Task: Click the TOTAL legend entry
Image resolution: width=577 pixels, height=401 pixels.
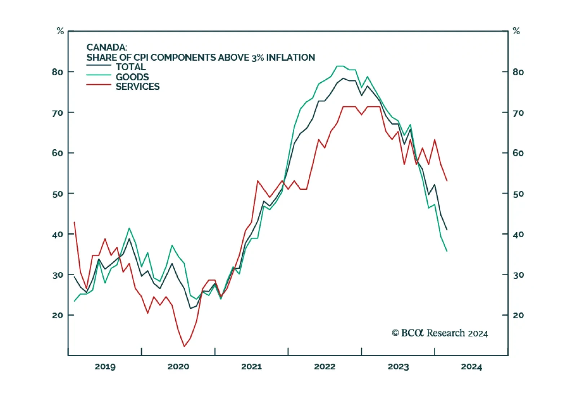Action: point(131,67)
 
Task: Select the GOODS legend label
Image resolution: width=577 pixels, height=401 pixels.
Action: point(132,77)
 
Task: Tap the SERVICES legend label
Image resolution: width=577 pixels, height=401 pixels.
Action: point(137,87)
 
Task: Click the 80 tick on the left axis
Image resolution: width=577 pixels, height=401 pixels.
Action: point(57,72)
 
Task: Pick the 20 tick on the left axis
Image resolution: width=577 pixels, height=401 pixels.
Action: point(57,315)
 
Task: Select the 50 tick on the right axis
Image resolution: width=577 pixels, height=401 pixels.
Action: point(518,194)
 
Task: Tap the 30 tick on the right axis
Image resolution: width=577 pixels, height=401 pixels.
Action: point(518,275)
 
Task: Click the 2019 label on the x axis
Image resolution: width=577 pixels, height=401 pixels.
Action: point(105,367)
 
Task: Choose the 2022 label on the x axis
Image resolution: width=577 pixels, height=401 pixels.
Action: point(325,367)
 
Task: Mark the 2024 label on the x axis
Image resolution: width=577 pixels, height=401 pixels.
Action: point(471,367)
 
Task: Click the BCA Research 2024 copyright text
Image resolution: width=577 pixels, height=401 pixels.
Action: point(440,333)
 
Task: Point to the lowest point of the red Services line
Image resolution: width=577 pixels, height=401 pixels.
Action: point(184,347)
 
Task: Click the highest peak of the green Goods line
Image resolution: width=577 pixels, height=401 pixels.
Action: point(340,66)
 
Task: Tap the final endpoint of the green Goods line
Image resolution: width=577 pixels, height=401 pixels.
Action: point(447,251)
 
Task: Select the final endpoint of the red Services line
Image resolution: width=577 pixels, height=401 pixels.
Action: point(447,181)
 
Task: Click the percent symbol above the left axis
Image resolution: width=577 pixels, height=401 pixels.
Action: point(60,31)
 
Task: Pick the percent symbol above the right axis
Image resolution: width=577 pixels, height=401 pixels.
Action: point(516,31)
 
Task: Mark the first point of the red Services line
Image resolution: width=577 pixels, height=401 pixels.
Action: point(74,222)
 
